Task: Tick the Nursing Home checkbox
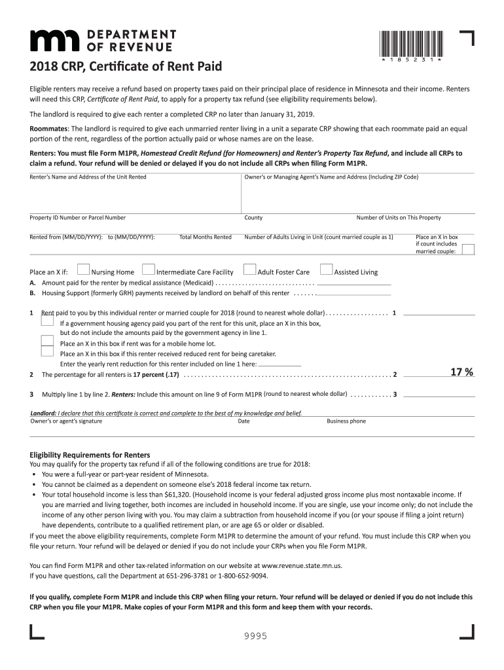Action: pyautogui.click(x=83, y=270)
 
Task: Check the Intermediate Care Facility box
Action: pyautogui.click(x=148, y=270)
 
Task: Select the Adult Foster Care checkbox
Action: pyautogui.click(x=249, y=270)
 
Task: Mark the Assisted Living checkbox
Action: pyautogui.click(x=326, y=270)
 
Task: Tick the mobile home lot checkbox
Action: pyautogui.click(x=47, y=341)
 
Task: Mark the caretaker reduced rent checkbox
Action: pyautogui.click(x=47, y=351)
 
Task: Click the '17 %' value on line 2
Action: pyautogui.click(x=461, y=372)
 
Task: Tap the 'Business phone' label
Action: pyautogui.click(x=346, y=421)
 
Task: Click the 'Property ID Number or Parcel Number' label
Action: pyautogui.click(x=77, y=218)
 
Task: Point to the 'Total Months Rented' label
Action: pyautogui.click(x=205, y=237)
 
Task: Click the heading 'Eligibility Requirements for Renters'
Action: pyautogui.click(x=90, y=455)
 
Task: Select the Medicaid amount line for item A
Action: pyautogui.click(x=353, y=283)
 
